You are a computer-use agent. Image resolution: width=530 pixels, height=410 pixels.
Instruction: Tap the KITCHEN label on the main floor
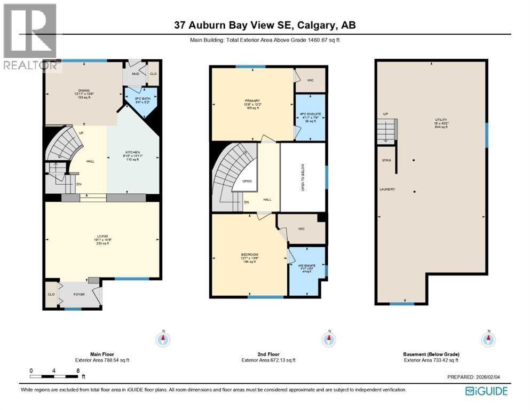pos(132,152)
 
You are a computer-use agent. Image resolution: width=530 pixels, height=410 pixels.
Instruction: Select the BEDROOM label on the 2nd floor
pos(248,255)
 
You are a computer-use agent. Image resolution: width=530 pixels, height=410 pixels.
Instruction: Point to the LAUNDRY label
pos(387,189)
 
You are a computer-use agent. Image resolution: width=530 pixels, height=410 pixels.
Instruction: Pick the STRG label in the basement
pos(386,160)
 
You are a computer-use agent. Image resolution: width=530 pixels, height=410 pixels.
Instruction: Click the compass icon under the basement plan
pos(487,338)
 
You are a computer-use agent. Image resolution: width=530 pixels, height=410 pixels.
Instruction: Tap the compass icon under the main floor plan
pos(163,338)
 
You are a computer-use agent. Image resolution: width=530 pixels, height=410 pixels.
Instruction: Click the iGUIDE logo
pos(486,391)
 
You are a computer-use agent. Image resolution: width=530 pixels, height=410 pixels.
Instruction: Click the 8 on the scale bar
pos(78,370)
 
